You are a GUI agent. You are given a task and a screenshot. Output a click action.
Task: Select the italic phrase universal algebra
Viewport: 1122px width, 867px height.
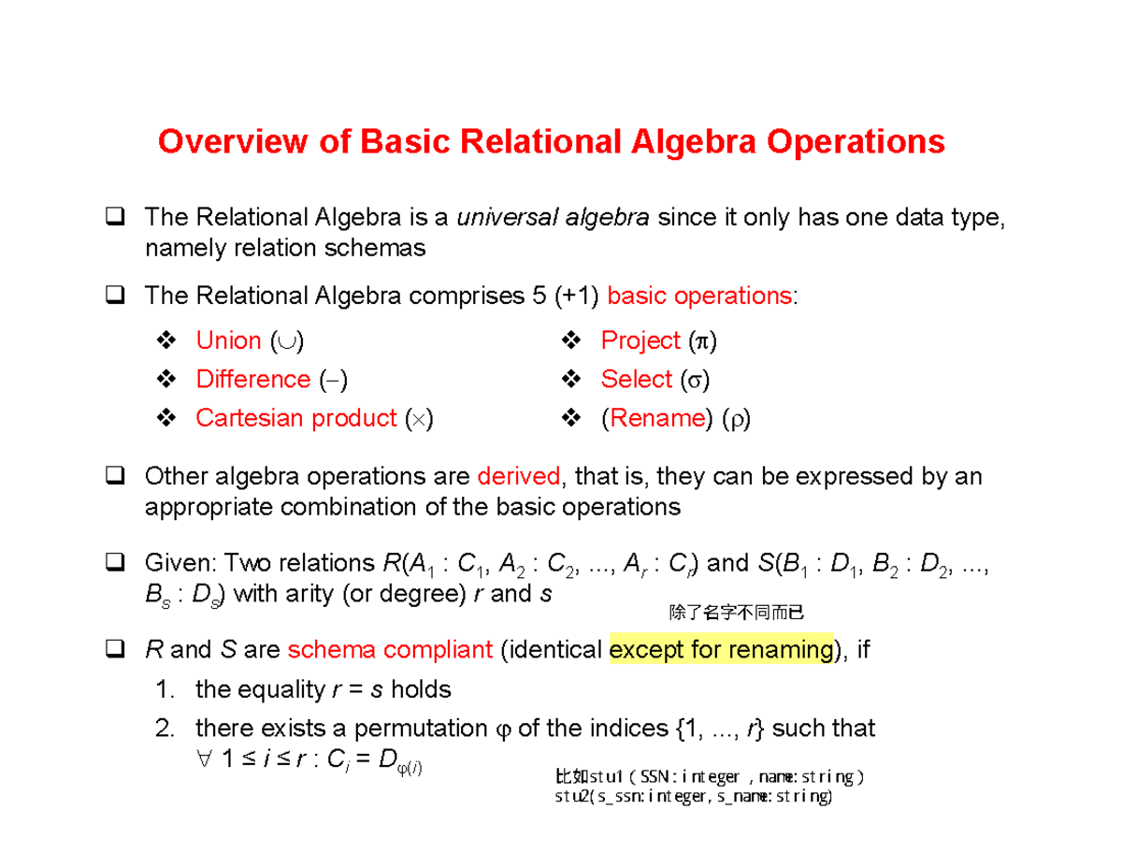coord(553,219)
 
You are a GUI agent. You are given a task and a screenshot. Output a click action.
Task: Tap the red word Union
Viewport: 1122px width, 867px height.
coord(228,340)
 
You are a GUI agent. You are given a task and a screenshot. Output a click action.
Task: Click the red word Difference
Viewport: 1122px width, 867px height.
coord(252,379)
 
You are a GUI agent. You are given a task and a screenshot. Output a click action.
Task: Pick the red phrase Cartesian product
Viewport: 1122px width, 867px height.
coord(296,418)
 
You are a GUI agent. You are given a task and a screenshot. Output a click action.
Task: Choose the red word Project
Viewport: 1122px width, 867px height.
coord(640,340)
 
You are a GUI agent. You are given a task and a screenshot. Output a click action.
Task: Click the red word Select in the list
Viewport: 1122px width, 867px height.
coord(637,379)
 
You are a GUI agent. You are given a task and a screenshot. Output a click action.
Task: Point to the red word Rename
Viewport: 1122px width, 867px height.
coord(655,418)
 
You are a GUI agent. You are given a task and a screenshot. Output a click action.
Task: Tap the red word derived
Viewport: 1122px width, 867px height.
coord(519,477)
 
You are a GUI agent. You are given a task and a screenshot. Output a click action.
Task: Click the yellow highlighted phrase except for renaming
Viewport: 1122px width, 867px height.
coord(720,650)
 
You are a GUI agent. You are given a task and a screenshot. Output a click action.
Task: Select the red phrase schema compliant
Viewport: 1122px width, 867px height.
coord(391,650)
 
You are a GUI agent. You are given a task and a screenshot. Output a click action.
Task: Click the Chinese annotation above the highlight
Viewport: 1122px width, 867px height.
coord(736,614)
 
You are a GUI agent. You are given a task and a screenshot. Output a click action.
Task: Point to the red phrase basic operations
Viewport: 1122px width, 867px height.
coord(698,296)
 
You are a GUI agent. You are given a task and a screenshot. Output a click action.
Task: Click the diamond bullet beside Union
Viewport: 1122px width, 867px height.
coord(165,340)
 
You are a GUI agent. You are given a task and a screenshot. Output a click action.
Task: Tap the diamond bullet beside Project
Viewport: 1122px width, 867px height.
coord(570,340)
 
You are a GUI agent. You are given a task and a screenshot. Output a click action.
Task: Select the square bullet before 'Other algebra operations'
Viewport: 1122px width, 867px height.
coord(116,477)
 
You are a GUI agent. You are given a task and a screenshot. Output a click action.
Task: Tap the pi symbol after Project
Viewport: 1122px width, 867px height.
coord(699,341)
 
